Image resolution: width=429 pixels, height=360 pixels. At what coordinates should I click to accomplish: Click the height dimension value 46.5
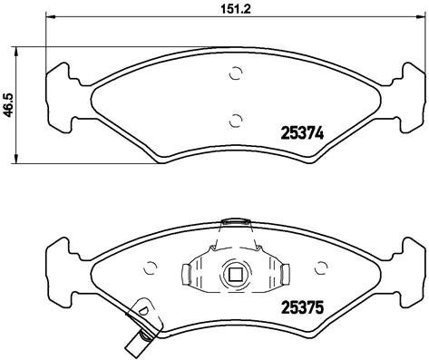(x=10, y=104)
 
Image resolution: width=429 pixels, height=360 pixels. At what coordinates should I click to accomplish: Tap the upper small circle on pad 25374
(x=235, y=75)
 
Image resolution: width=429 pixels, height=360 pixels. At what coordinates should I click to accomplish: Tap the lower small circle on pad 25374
(x=235, y=118)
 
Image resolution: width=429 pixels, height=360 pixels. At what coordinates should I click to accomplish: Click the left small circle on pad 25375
(x=150, y=268)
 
